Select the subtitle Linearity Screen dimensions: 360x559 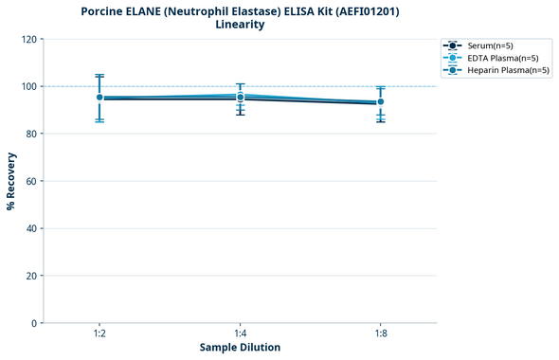click(240, 25)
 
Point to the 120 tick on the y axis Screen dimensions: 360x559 click(28, 39)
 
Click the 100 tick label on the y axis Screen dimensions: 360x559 click(28, 86)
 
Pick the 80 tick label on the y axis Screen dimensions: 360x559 click(31, 134)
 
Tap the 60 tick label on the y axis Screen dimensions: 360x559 click(31, 181)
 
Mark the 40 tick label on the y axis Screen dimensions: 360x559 click(31, 228)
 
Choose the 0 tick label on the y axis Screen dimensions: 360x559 click(34, 323)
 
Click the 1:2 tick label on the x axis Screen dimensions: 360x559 click(99, 334)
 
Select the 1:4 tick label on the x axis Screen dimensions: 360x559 click(240, 334)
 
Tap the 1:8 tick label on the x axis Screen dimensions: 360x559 click(380, 334)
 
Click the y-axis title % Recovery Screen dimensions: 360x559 click(11, 181)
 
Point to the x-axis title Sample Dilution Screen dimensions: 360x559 click(240, 348)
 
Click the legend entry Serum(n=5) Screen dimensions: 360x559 click(490, 45)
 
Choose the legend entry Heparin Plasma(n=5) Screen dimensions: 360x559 click(502, 70)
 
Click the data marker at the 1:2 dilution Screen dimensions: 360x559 click(99, 98)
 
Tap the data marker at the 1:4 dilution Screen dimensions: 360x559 click(240, 97)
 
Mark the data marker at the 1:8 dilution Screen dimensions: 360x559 click(380, 101)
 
